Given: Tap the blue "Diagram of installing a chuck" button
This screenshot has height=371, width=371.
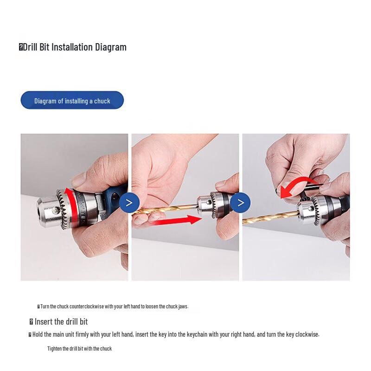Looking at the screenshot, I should (72, 101).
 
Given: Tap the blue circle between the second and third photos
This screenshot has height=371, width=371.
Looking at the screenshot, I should (240, 203).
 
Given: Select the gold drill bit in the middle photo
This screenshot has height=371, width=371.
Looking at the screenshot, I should (162, 211).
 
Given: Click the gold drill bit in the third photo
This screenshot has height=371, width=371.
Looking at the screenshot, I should (269, 216).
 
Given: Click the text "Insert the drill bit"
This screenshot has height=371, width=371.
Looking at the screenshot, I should (61, 322).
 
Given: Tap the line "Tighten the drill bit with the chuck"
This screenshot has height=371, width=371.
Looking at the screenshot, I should (79, 349).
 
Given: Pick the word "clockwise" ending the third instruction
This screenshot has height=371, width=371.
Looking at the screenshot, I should (305, 334).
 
